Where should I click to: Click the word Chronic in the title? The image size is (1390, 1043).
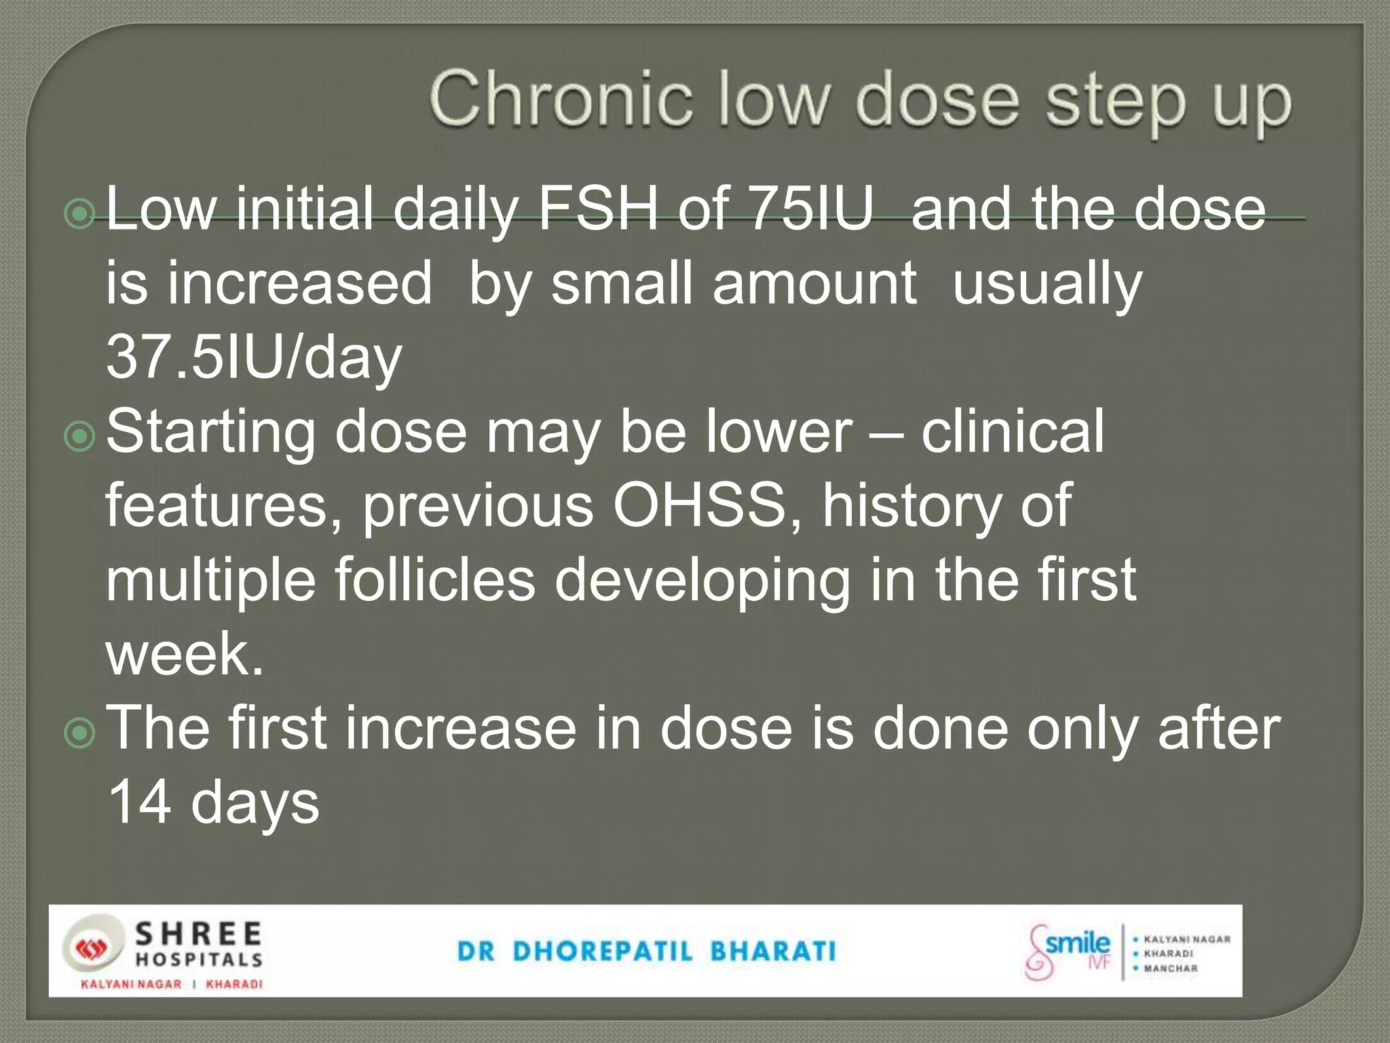click(560, 100)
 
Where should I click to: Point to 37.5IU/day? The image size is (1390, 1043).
click(254, 357)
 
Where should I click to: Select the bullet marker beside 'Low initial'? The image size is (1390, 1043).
click(80, 215)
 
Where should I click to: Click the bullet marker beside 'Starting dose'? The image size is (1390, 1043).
click(80, 437)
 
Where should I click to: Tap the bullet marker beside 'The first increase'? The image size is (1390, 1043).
click(80, 734)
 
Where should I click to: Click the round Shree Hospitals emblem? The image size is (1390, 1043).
click(93, 949)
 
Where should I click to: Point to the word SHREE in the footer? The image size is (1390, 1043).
click(198, 934)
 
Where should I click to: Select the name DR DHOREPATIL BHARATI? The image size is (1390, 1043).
click(646, 951)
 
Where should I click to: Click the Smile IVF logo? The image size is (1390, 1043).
click(1068, 952)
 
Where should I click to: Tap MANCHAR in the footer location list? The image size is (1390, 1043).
click(1171, 968)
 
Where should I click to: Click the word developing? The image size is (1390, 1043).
click(702, 581)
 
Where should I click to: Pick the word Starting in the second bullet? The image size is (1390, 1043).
click(210, 433)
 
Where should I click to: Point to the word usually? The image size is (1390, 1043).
click(1047, 284)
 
